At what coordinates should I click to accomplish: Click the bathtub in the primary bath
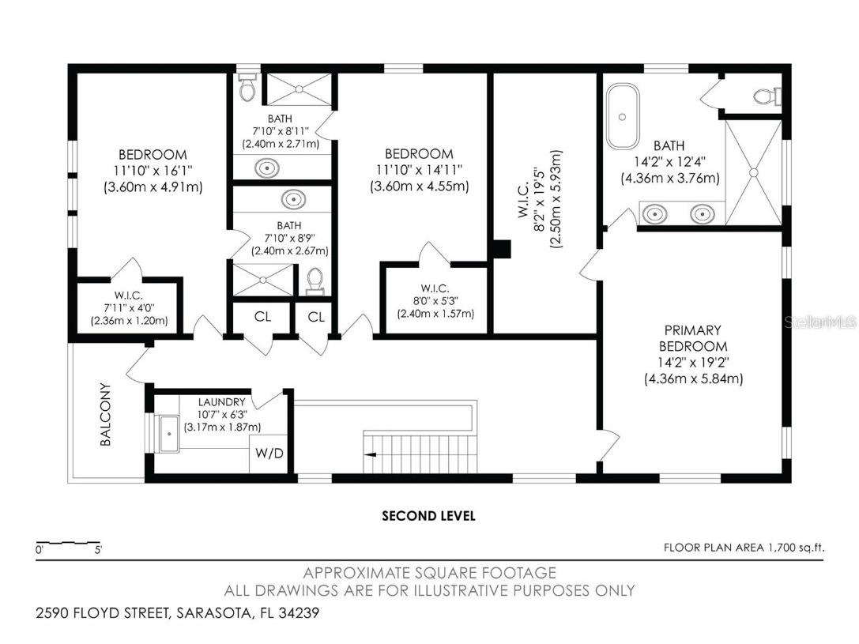tap(623, 116)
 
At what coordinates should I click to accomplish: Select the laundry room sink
tap(168, 433)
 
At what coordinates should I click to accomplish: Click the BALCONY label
tap(106, 415)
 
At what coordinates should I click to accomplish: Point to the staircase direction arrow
tap(370, 454)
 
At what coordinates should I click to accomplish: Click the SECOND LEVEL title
tap(428, 516)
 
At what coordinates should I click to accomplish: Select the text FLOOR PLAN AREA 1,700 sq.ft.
tap(742, 547)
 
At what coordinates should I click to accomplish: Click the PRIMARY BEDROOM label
tap(693, 338)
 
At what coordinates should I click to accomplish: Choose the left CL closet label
tap(262, 317)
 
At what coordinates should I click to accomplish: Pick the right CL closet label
tap(316, 317)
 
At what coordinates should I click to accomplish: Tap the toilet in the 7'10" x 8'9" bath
tap(315, 280)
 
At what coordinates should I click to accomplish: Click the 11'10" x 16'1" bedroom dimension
tap(153, 171)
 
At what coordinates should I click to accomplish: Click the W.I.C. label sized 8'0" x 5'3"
tap(435, 288)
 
